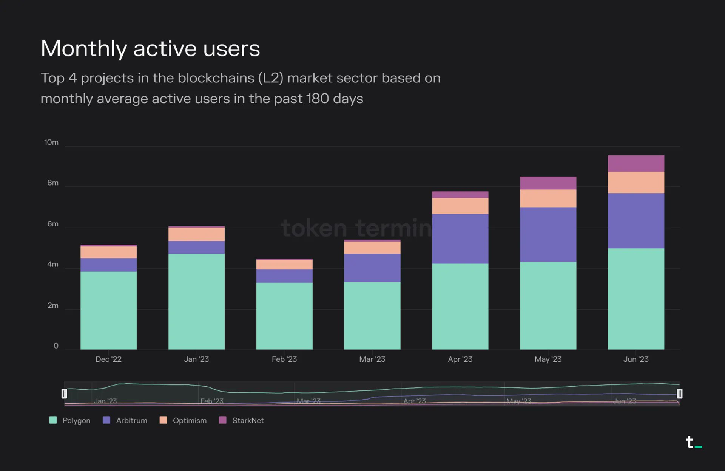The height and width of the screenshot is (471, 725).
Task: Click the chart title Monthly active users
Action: [x=150, y=49]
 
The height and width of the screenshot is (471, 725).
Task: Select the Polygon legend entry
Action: [x=70, y=420]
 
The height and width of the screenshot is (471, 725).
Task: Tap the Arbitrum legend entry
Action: [x=125, y=420]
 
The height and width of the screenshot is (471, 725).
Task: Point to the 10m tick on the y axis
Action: [x=51, y=143]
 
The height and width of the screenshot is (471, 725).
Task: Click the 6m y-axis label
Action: [x=53, y=224]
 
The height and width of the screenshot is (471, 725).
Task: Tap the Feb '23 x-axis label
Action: [x=284, y=359]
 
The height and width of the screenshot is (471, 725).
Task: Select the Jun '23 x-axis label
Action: [x=636, y=359]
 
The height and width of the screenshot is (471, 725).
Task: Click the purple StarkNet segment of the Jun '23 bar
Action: [x=636, y=163]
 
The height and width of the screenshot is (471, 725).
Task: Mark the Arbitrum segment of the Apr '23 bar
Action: [x=460, y=239]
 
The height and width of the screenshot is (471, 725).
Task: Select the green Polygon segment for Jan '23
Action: [x=196, y=301]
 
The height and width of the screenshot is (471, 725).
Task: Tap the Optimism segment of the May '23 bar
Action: [x=548, y=198]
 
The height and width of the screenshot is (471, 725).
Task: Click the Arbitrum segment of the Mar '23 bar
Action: [x=372, y=268]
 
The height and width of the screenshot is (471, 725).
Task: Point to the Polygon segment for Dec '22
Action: [x=108, y=310]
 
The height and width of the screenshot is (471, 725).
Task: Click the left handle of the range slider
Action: [x=64, y=394]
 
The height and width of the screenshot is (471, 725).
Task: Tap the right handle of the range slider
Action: [x=679, y=394]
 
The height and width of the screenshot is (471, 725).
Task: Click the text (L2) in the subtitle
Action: [x=270, y=78]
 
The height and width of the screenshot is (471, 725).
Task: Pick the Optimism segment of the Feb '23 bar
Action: [x=284, y=265]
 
